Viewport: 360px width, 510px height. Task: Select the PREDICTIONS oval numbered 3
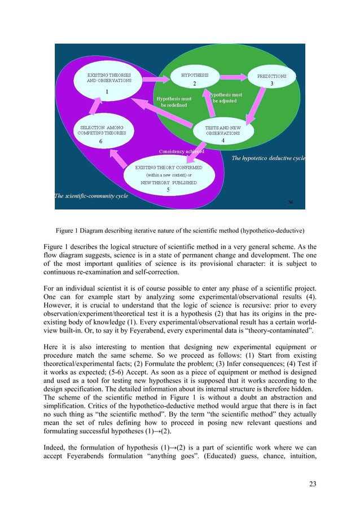tap(271, 79)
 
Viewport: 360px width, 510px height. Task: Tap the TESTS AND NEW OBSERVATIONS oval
tap(222, 133)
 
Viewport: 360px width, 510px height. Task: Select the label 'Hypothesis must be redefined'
tap(174, 102)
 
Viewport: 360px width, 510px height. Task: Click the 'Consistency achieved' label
tap(182, 151)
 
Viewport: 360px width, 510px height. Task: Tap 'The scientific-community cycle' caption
tap(91, 197)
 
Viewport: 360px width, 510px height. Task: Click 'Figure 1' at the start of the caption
tap(68, 230)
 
